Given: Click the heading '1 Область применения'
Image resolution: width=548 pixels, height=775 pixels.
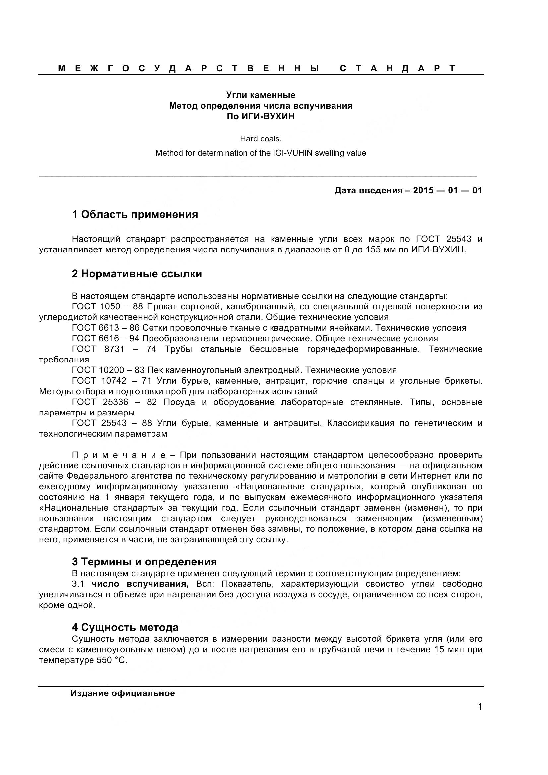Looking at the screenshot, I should point(135,215).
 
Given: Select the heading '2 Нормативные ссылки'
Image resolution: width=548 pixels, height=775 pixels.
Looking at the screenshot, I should point(137,274).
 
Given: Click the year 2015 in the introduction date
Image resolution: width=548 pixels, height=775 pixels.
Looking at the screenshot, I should point(423,191).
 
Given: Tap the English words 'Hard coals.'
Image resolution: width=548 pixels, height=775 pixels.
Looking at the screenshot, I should point(261,139).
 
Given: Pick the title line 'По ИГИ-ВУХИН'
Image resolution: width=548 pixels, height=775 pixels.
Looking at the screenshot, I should point(261,116).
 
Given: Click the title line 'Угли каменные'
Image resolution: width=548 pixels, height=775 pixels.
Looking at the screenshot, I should point(261,95).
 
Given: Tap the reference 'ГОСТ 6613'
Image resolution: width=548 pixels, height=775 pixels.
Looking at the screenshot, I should point(95,328).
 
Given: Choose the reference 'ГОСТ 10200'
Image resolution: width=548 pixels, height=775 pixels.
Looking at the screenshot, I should point(98,370).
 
